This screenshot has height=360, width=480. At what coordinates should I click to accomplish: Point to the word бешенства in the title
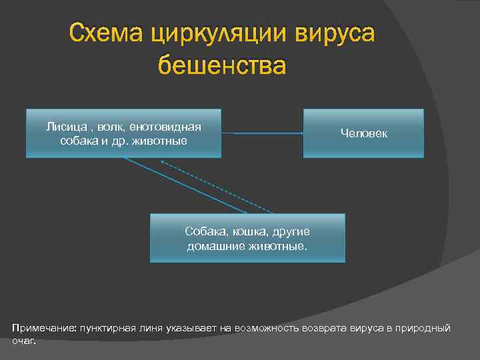pyautogui.click(x=222, y=65)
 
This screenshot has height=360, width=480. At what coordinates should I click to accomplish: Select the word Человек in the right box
pyautogui.click(x=363, y=134)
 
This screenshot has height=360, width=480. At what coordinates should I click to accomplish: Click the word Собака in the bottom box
pyautogui.click(x=205, y=231)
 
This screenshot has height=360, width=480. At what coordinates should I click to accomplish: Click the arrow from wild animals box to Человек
pyautogui.click(x=262, y=133)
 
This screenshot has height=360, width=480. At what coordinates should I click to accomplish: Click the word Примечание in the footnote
pyautogui.click(x=43, y=328)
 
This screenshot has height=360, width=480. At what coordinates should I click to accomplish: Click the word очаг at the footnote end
pyautogui.click(x=22, y=340)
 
